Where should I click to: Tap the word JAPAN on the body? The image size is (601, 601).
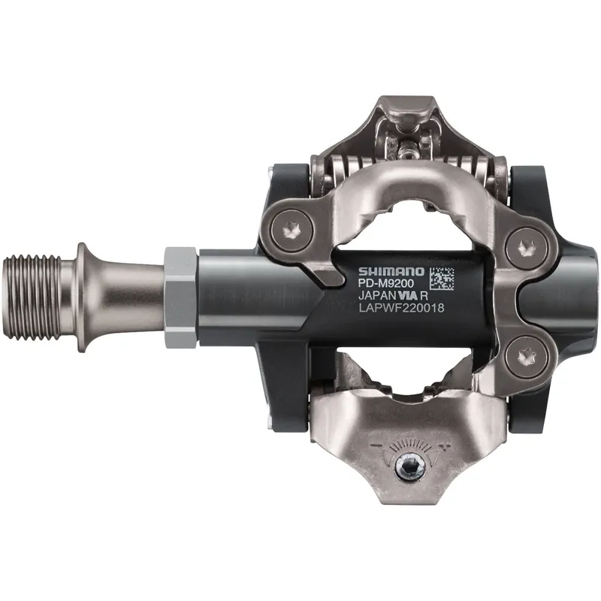pos(373,296)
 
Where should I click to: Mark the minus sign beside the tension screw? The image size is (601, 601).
pos(373,448)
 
